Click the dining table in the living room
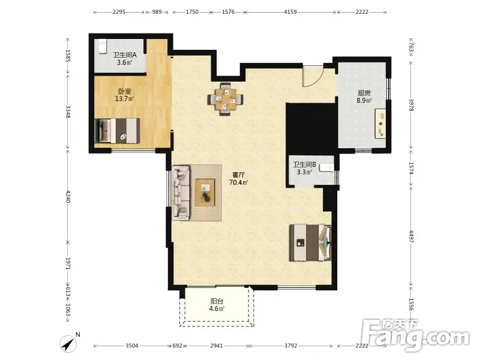coord(226,99)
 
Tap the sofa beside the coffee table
coord(181,193)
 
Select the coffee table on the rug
coord(205,193)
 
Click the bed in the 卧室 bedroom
coord(118,131)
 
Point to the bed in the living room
coord(310,243)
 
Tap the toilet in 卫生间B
coord(326,167)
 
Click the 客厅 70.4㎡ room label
coord(238,179)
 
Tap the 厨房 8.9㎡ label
coord(364,97)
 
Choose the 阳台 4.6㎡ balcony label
coord(217,305)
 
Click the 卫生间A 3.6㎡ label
coord(125,59)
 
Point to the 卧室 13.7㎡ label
coord(125,95)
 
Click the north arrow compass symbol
coord(70,343)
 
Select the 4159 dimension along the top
coord(290,12)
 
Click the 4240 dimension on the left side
coord(68,197)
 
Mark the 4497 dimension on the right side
coord(412,236)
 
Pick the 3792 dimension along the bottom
coord(290,346)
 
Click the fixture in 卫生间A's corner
coord(102,46)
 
